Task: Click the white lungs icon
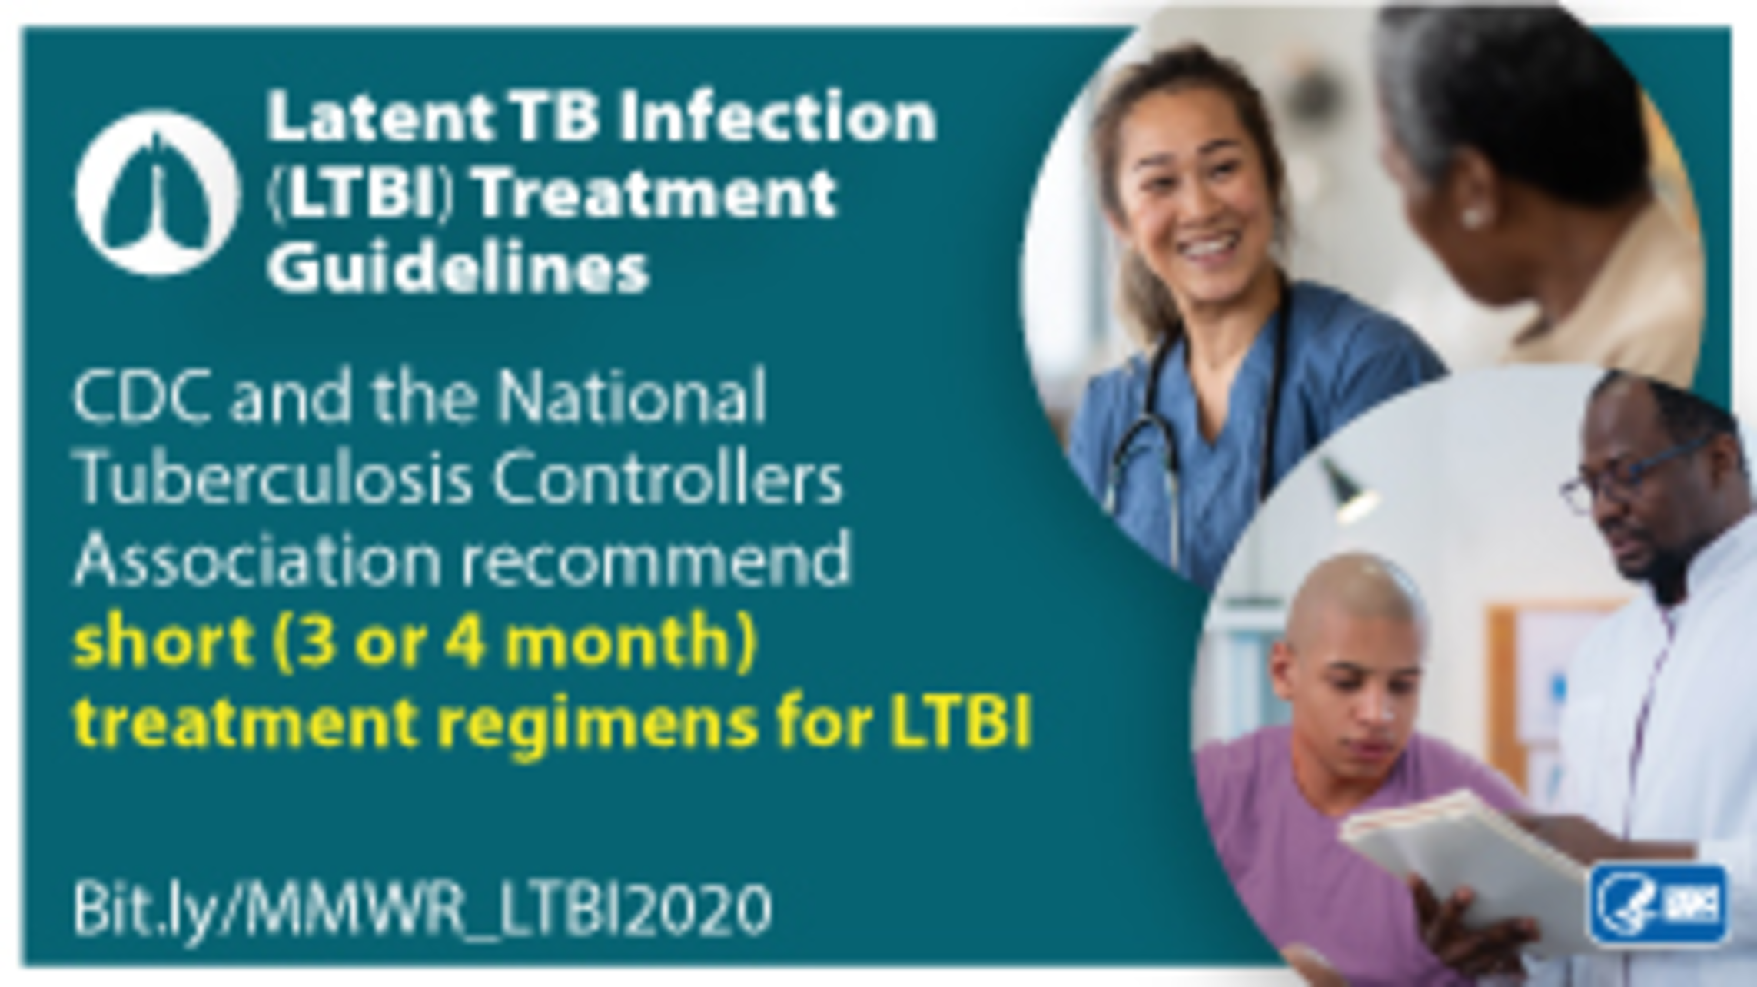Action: (x=158, y=192)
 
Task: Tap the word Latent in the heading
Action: (x=381, y=117)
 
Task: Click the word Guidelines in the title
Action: (x=458, y=268)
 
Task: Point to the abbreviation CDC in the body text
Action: (x=142, y=397)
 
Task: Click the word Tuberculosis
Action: (x=274, y=478)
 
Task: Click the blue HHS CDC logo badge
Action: (x=1659, y=905)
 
